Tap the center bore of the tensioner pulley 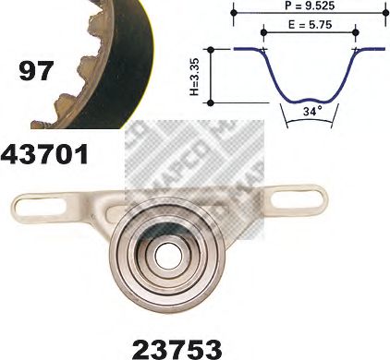(x=166, y=252)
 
